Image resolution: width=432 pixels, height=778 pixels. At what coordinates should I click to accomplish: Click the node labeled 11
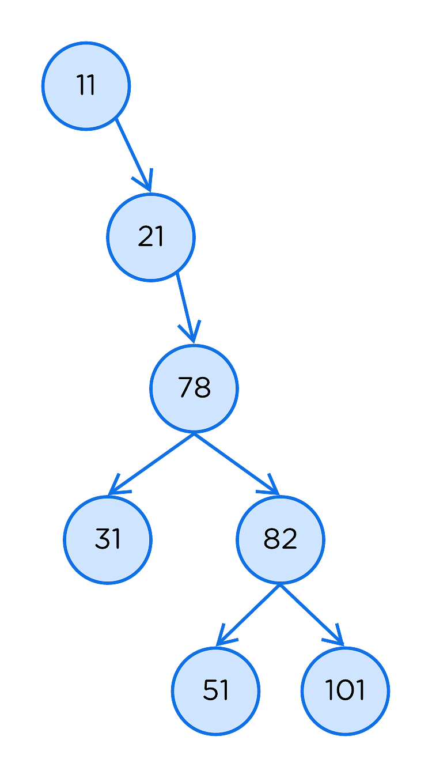click(x=86, y=86)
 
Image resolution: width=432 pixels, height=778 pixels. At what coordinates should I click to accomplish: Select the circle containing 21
click(x=151, y=237)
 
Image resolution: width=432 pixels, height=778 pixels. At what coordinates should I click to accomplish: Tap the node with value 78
click(x=194, y=388)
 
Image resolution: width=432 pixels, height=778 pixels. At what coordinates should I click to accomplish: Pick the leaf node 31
click(x=108, y=540)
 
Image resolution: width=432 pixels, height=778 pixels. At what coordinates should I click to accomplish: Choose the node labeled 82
click(x=281, y=540)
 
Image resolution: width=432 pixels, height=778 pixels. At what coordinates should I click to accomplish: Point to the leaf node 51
click(x=215, y=691)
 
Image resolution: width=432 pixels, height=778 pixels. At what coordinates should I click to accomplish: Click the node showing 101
click(x=345, y=691)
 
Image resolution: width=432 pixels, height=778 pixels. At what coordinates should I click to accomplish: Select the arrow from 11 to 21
click(x=134, y=155)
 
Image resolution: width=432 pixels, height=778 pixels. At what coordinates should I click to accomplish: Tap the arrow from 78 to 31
click(x=151, y=464)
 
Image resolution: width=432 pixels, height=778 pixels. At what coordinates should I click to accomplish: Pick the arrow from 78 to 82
click(x=237, y=464)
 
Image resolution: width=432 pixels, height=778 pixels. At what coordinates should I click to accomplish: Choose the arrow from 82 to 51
click(x=248, y=615)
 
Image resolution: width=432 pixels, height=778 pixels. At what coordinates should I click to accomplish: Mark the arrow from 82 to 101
click(x=312, y=615)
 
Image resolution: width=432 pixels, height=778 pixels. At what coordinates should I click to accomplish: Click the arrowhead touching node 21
click(x=146, y=182)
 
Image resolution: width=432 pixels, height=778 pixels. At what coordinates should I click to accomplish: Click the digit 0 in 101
click(x=345, y=690)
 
